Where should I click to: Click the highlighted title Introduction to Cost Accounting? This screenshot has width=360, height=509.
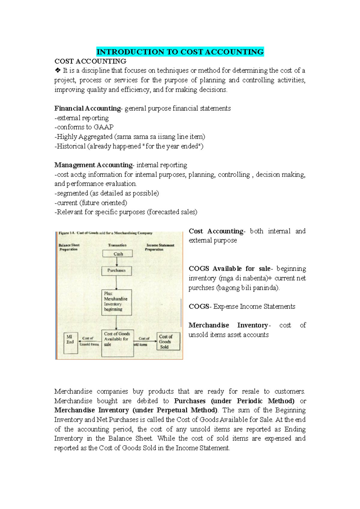180,52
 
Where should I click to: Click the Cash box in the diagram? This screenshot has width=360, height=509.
117,254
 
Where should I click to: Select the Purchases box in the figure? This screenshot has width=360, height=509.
117,271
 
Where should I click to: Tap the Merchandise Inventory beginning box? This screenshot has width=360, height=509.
117,302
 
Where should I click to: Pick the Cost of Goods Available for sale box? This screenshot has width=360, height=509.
117,343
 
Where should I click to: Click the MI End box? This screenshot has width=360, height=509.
71,343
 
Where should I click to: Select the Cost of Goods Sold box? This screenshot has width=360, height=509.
168,341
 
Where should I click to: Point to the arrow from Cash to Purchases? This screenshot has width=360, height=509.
117,262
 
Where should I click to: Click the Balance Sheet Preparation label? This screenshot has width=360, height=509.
69,247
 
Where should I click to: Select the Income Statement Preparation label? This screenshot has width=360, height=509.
160,247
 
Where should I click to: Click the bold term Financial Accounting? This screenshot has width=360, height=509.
87,109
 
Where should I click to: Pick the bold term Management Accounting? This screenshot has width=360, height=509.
93,165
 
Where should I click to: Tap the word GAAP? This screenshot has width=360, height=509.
103,127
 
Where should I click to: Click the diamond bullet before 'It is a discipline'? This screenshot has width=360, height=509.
58,71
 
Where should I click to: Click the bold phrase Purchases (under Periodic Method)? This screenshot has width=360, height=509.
234,401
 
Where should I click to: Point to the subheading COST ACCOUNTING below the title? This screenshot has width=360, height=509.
90,61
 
